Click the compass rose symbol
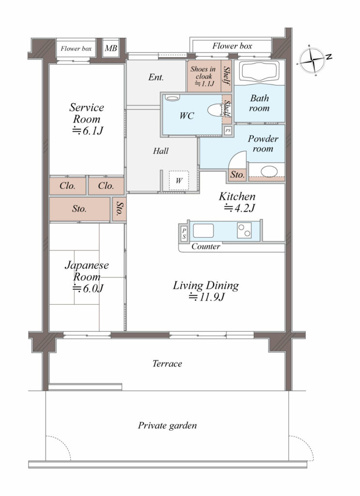click(x=312, y=60)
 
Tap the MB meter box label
click(x=111, y=48)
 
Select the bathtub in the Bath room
click(x=259, y=72)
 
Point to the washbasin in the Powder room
click(x=269, y=171)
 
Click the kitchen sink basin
click(x=203, y=231)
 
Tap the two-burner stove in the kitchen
click(x=244, y=230)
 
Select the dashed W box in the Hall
click(x=179, y=181)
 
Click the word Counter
click(x=205, y=247)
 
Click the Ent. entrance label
click(x=156, y=77)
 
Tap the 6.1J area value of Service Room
click(x=88, y=130)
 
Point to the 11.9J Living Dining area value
click(x=206, y=297)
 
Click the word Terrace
click(x=167, y=363)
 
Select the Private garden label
click(x=167, y=425)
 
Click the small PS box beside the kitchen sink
click(x=184, y=234)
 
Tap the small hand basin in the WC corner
click(x=172, y=98)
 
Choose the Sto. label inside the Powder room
click(x=237, y=174)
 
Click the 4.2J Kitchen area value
click(x=239, y=208)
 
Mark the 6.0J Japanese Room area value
click(x=88, y=289)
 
